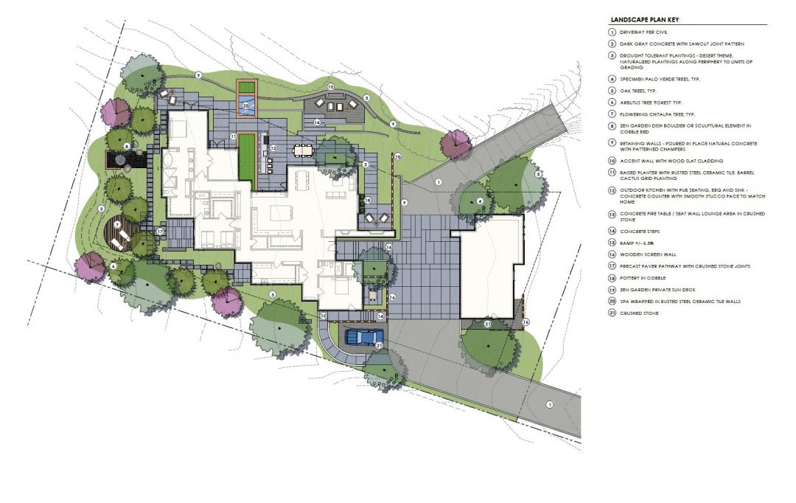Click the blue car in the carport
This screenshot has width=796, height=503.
(x=364, y=338)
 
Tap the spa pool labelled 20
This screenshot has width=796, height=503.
(x=246, y=106)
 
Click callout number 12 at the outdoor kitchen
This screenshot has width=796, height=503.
(x=272, y=148)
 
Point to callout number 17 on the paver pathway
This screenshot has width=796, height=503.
(x=159, y=232)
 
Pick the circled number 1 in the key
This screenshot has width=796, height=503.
(x=611, y=33)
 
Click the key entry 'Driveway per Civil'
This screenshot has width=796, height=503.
(x=646, y=33)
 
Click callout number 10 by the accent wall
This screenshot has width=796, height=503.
(x=397, y=157)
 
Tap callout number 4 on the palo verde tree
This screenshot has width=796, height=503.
(x=480, y=201)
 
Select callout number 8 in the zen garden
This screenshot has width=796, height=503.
(x=127, y=146)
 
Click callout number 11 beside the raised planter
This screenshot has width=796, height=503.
(x=232, y=136)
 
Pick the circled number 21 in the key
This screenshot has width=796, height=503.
(x=611, y=314)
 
